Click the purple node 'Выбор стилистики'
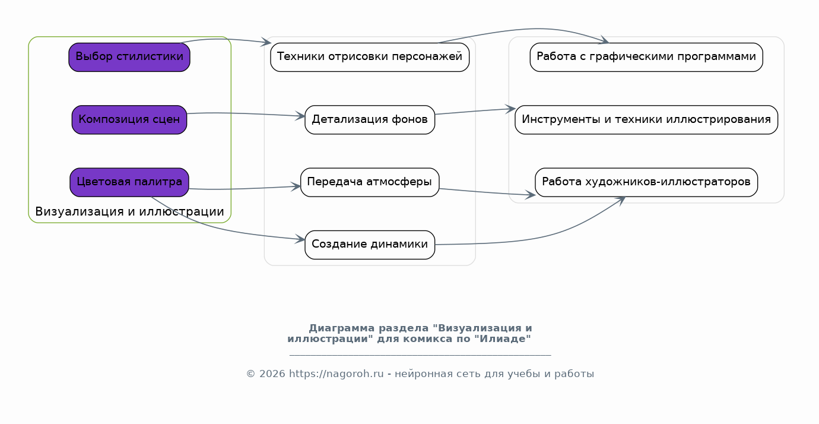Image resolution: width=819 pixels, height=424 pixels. pyautogui.click(x=129, y=57)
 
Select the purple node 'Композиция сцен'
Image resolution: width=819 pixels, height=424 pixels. pyautogui.click(x=129, y=119)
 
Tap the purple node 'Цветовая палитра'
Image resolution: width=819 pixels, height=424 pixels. pyautogui.click(x=129, y=182)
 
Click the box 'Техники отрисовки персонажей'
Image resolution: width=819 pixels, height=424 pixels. pyautogui.click(x=370, y=57)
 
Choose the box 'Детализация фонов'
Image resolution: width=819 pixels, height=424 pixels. pyautogui.click(x=370, y=119)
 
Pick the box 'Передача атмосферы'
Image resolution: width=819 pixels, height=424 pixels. pyautogui.click(x=370, y=182)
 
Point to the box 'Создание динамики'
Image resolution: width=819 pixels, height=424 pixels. pyautogui.click(x=370, y=245)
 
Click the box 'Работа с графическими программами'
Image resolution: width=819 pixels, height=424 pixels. pyautogui.click(x=646, y=57)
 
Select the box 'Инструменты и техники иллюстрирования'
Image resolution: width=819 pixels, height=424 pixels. pyautogui.click(x=646, y=119)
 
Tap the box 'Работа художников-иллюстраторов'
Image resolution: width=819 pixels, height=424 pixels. pyautogui.click(x=646, y=182)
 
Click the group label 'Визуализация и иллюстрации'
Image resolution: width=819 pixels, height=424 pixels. pyautogui.click(x=129, y=211)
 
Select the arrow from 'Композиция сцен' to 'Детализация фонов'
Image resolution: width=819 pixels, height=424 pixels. pyautogui.click(x=246, y=114)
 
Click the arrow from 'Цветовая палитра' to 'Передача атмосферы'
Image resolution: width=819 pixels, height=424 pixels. pyautogui.click(x=245, y=188)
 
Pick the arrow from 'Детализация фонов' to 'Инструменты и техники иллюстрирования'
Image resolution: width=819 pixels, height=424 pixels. pyautogui.click(x=475, y=111)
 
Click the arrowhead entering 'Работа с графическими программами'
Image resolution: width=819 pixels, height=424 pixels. pyautogui.click(x=604, y=40)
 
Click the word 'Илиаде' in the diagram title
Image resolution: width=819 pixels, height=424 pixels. pyautogui.click(x=503, y=338)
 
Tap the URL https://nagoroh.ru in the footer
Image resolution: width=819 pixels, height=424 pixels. pyautogui.click(x=337, y=374)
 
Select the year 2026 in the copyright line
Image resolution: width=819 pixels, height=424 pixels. pyautogui.click(x=272, y=374)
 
